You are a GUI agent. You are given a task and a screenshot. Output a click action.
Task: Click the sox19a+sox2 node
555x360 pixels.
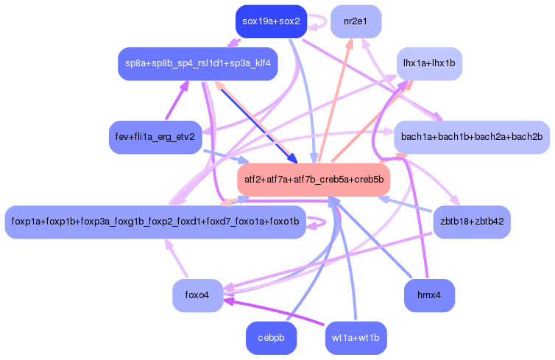271,21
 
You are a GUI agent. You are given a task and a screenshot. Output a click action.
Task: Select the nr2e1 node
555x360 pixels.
356,21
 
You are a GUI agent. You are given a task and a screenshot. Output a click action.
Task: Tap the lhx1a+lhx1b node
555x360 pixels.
429,64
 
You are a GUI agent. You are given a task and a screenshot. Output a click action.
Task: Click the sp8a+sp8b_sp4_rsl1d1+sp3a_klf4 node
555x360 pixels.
198,64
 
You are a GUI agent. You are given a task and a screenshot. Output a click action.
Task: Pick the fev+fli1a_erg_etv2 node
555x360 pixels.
155,138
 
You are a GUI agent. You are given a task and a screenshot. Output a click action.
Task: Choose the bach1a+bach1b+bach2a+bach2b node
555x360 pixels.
472,138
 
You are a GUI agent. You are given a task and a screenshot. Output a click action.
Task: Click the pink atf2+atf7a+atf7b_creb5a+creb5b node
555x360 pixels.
314,180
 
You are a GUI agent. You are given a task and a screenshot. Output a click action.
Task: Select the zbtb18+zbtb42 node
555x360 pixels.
472,222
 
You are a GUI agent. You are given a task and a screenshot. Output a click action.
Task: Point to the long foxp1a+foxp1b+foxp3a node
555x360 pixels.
155,222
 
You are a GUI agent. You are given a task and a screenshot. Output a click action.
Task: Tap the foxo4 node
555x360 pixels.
198,295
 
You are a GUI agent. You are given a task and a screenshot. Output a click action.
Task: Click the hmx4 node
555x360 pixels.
429,295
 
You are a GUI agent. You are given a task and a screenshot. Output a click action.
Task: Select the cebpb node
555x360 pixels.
271,338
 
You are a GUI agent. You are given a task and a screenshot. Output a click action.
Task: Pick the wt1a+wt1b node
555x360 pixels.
356,338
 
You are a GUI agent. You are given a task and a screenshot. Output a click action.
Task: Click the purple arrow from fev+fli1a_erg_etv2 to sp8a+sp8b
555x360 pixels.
177,101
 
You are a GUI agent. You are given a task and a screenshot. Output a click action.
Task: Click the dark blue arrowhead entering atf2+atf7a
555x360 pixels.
292,159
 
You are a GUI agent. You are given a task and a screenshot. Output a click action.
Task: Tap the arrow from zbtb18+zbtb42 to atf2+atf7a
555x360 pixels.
406,205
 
